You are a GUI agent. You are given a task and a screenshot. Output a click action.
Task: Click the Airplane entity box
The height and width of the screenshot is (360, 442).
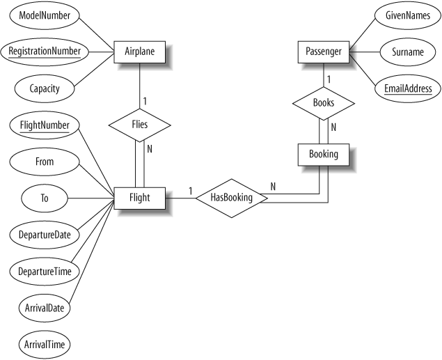pyautogui.click(x=140, y=52)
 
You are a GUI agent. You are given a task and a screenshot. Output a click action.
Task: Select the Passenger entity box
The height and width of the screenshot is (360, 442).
pyautogui.click(x=323, y=52)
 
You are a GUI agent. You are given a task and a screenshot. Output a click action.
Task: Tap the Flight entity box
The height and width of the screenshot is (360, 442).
pyautogui.click(x=139, y=198)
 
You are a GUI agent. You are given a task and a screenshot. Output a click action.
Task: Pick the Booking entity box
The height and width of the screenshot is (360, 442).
pyautogui.click(x=323, y=154)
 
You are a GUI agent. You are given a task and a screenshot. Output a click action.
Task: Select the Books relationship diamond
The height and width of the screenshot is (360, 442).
pyautogui.click(x=323, y=102)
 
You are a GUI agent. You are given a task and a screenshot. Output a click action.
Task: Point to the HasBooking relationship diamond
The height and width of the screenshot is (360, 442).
pyautogui.click(x=230, y=198)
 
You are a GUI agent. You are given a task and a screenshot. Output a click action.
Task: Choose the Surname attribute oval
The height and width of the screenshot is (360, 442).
pyautogui.click(x=407, y=52)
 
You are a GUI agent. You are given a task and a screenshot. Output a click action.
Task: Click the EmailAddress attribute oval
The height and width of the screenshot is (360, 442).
pyautogui.click(x=407, y=88)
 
